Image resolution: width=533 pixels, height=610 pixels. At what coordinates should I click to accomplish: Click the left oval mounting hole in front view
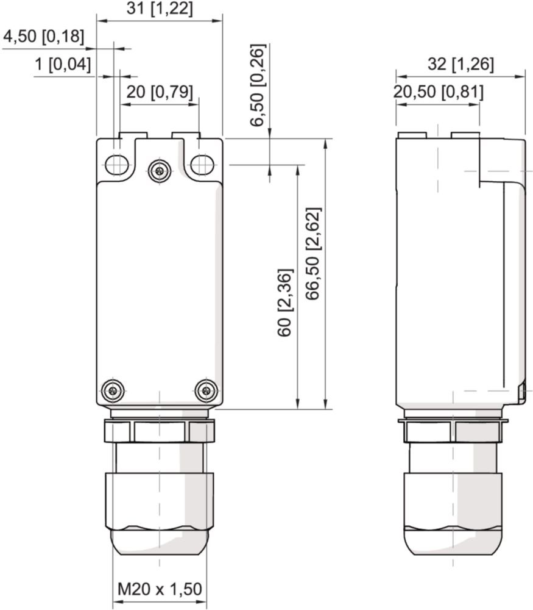point(116,164)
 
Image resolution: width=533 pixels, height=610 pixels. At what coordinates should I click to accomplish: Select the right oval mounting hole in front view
point(202,164)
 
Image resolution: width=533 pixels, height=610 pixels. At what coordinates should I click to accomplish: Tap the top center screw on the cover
point(160,171)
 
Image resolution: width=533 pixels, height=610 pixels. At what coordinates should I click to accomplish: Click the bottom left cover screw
point(113,390)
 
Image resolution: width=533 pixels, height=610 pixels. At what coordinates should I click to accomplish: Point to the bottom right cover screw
point(206,390)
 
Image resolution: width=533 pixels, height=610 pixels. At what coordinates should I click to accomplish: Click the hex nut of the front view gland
point(160,432)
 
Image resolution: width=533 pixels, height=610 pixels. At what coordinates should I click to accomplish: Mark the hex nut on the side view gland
point(451,432)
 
